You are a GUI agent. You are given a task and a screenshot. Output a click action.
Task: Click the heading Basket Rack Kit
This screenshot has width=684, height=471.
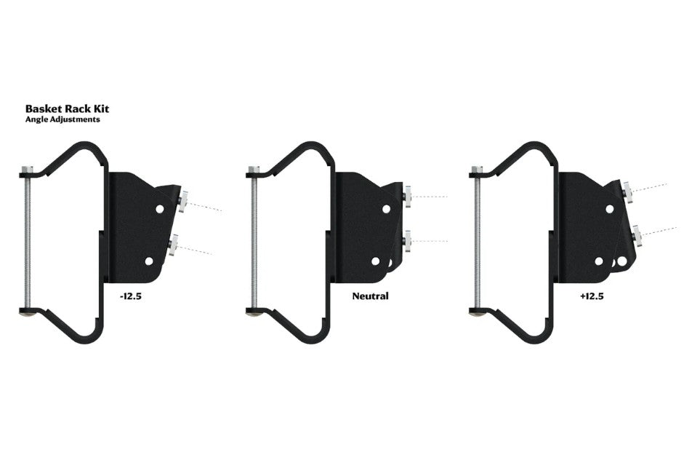tap(67, 108)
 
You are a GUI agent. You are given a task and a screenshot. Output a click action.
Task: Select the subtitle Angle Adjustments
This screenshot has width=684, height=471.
tap(63, 119)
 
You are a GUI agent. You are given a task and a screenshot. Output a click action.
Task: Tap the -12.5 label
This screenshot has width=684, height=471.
tap(131, 296)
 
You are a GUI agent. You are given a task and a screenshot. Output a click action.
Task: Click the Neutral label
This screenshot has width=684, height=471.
tap(371, 296)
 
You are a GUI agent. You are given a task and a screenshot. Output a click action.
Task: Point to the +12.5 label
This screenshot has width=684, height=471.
tap(592, 296)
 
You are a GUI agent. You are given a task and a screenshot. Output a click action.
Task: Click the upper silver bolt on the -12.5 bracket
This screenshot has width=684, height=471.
tap(182, 201)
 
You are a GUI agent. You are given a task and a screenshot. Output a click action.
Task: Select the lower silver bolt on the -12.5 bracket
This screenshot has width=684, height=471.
tap(173, 245)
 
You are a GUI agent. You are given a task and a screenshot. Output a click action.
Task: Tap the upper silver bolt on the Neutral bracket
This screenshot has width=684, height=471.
tap(408, 197)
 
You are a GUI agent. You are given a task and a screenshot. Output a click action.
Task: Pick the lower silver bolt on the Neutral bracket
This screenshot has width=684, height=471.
tap(408, 241)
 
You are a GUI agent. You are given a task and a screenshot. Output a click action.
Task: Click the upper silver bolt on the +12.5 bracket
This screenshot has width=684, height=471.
tap(628, 192)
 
